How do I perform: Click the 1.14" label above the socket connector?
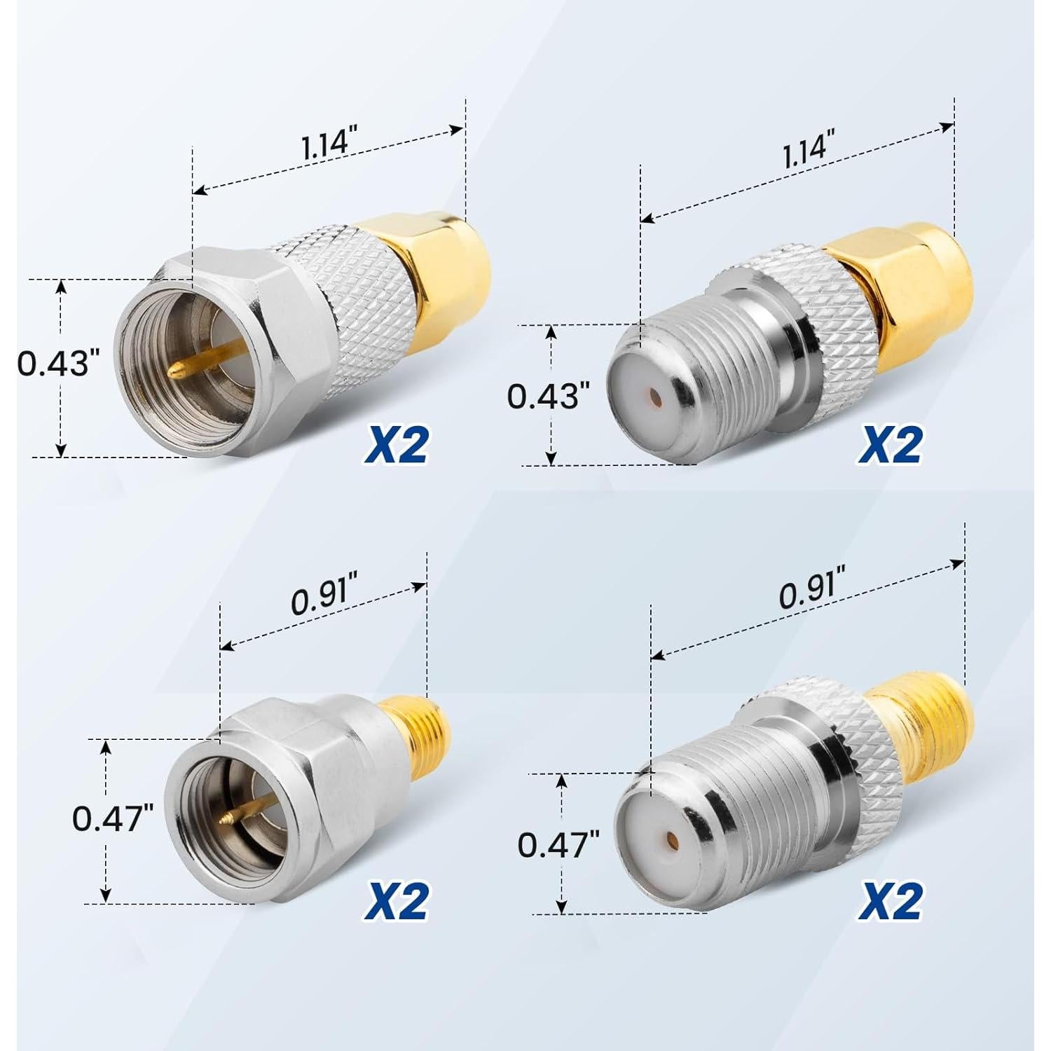tap(804, 151)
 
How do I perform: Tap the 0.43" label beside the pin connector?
tap(55, 365)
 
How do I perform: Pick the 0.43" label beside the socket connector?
tap(544, 396)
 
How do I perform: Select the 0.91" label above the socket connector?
tap(808, 596)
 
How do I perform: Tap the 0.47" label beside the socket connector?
tap(558, 845)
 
